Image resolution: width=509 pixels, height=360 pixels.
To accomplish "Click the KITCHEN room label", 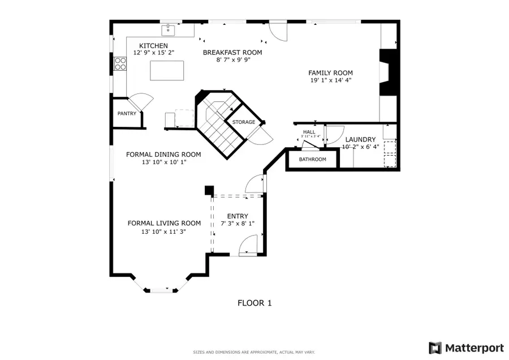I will pos(153,45).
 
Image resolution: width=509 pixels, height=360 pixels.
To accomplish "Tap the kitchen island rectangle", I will pos(167,71).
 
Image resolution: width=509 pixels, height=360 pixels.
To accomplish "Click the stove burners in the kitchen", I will pos(120,64).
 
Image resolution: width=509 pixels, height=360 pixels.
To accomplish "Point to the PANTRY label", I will pos(127,114).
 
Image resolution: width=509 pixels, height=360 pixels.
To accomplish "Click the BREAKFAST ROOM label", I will pos(232,53).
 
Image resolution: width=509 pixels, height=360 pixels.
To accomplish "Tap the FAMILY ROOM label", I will pos(330,73).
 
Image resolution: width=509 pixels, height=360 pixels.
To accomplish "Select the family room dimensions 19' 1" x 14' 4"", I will pos(330,80).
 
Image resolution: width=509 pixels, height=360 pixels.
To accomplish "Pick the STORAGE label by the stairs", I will pos(243,122).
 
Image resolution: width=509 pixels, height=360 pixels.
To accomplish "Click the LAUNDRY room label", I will pos(360,139).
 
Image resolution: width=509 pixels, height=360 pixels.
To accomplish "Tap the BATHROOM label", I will pos(313,160).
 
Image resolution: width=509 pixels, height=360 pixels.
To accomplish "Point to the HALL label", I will pos(309,132).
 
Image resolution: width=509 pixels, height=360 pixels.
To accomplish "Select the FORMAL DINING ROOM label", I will pos(163,154).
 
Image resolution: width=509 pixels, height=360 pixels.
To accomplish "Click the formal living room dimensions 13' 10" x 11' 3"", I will pos(163,232).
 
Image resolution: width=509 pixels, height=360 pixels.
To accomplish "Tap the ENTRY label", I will pos(238,216).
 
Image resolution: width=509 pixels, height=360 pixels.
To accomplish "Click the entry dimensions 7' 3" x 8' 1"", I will pos(238,224).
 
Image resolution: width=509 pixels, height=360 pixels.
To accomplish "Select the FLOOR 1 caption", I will pos(255,303).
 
